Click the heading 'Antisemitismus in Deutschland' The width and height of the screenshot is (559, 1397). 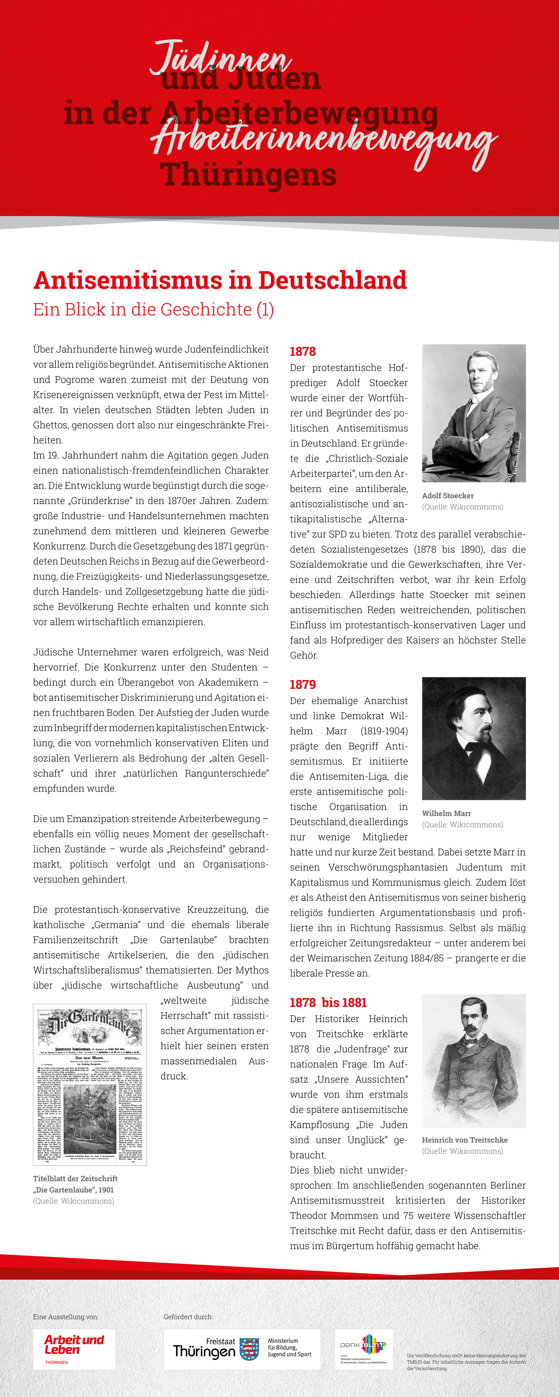tap(220, 280)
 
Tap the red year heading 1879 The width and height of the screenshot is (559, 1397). tap(302, 685)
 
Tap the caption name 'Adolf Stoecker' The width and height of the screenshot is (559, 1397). tap(448, 496)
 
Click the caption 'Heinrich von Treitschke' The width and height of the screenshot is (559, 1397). tap(465, 1140)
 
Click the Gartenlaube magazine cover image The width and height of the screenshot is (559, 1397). tap(89, 1085)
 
